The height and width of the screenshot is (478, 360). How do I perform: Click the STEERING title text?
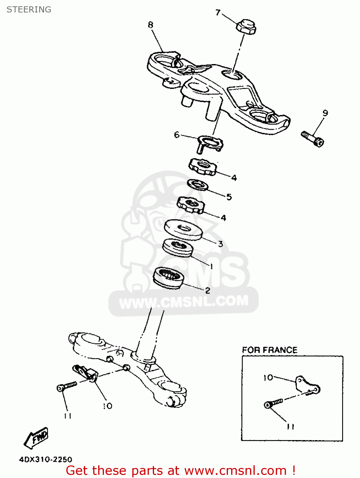(x=29, y=10)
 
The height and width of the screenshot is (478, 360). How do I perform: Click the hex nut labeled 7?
(x=246, y=27)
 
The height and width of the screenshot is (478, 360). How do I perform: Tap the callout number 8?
(x=151, y=25)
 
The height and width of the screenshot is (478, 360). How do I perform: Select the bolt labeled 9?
(x=312, y=139)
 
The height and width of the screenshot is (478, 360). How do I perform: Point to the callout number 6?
(x=177, y=134)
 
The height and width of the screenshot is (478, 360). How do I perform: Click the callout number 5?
(x=229, y=197)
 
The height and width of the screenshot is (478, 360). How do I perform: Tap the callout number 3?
(x=220, y=244)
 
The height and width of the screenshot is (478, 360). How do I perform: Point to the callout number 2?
(x=208, y=290)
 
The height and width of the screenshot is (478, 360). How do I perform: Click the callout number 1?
(x=211, y=266)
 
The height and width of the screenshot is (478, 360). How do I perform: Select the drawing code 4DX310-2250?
(x=46, y=459)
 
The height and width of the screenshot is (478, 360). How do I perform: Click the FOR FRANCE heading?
(x=269, y=350)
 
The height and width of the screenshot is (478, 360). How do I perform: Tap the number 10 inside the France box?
(x=268, y=378)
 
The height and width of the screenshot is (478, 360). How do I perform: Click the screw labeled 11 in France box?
(x=273, y=403)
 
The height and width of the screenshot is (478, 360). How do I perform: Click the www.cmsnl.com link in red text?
(x=235, y=470)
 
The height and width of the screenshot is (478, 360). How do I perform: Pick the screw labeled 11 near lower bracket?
(x=67, y=386)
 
